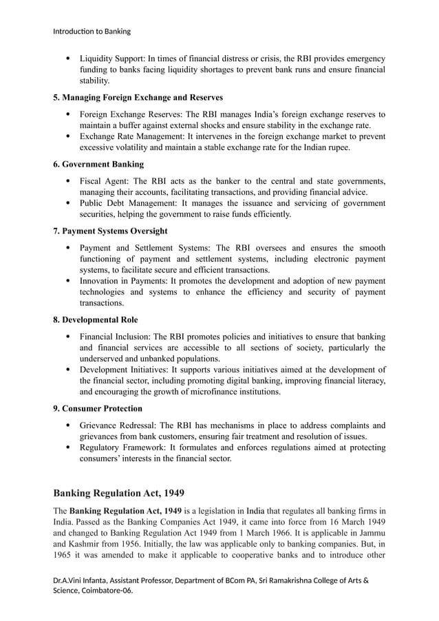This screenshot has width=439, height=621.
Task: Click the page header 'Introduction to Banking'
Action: [x=92, y=31]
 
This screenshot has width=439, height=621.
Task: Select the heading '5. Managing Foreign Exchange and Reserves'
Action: [x=138, y=97]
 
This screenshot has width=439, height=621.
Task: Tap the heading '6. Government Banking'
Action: [x=98, y=164]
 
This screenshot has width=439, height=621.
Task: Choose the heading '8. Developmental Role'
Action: [x=95, y=319]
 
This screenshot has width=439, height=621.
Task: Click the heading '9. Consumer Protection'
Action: [x=98, y=408]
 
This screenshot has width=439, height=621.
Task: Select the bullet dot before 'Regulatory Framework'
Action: [x=67, y=448]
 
